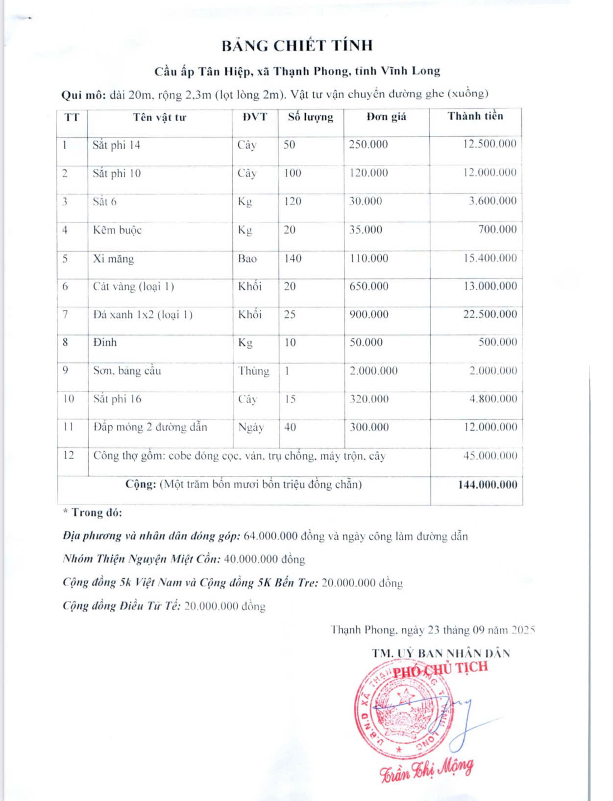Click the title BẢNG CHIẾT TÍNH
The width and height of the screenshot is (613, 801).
297,46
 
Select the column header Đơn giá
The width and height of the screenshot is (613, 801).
386,117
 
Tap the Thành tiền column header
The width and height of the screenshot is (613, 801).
475,116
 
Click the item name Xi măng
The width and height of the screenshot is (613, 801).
113,258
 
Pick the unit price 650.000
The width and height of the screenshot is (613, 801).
368,286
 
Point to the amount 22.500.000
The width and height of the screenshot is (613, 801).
490,314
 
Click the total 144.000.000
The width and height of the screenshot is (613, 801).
488,485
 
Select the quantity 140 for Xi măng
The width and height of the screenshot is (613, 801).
293,258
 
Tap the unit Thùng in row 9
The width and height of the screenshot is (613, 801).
254,371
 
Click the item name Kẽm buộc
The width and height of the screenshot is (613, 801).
117,230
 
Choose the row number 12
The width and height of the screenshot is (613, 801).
69,455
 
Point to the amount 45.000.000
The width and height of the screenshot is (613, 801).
490,456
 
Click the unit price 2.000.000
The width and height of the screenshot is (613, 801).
373,371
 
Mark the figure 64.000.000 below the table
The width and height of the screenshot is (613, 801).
270,536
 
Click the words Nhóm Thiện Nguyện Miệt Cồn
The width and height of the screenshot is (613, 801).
142,559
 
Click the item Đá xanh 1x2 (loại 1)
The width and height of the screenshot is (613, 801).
143,314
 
